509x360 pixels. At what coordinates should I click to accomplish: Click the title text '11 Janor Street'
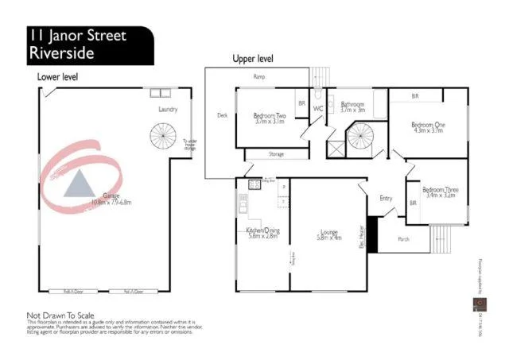(x=76, y=36)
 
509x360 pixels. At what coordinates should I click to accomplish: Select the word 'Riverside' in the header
(x=61, y=53)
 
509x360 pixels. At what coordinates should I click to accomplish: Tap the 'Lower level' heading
(x=57, y=77)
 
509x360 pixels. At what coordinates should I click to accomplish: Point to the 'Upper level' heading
(x=254, y=59)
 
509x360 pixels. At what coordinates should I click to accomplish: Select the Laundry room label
(x=168, y=110)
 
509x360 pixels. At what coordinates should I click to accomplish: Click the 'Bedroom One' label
(x=427, y=126)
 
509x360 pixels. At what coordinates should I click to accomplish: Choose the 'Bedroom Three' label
(x=440, y=190)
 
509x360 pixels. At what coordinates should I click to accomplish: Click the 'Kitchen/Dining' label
(x=262, y=231)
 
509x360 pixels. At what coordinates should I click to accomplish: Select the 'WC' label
(x=317, y=109)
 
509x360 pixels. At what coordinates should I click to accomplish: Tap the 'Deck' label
(x=223, y=115)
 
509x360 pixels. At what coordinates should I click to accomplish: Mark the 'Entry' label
(x=387, y=199)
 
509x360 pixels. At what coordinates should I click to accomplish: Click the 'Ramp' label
(x=258, y=77)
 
